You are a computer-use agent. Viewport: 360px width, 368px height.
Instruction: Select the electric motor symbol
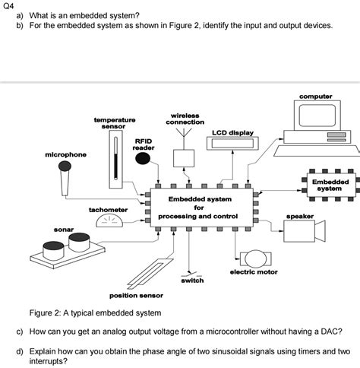pos(251,259)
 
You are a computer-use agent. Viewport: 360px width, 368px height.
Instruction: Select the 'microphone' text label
pos(44,154)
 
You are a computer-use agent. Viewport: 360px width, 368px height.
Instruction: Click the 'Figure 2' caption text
pos(95,312)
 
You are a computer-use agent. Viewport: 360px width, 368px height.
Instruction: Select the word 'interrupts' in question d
pos(49,362)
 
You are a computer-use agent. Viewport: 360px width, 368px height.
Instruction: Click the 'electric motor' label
pos(254,271)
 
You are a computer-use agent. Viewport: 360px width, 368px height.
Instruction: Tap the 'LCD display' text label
pos(232,132)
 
